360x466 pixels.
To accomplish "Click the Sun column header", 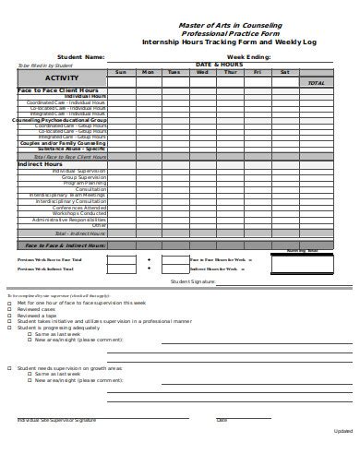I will point(120,72).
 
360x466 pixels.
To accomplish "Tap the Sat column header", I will point(285,72).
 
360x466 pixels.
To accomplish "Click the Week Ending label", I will point(248,57).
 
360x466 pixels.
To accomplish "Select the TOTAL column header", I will point(316,83).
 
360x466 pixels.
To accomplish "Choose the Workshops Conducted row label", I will point(81,213).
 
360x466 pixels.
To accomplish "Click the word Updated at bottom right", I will point(342,431).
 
